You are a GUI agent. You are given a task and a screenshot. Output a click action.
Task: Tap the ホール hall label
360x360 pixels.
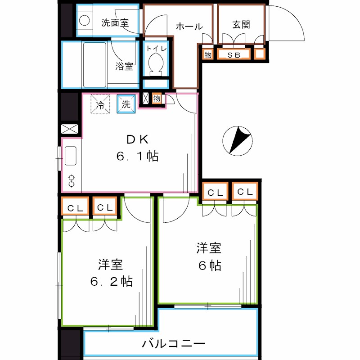[x=189, y=27]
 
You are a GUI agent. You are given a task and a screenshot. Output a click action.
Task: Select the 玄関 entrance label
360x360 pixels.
[x=241, y=24]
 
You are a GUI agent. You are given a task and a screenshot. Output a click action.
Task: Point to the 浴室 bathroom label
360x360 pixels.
[x=124, y=67]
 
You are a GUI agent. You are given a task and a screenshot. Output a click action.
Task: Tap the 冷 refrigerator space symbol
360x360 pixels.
[x=101, y=105]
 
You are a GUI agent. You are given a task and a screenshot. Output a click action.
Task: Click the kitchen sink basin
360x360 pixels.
[x=71, y=156]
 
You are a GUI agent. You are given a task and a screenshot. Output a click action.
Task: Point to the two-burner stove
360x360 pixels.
[x=71, y=180]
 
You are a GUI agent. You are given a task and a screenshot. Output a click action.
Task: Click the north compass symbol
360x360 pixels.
[x=237, y=139]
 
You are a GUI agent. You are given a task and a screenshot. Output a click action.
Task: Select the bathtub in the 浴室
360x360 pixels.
[x=94, y=65]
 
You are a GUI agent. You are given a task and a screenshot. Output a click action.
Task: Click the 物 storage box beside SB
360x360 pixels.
[x=207, y=55]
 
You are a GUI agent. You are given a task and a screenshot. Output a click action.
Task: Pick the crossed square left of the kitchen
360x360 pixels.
[x=68, y=129]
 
